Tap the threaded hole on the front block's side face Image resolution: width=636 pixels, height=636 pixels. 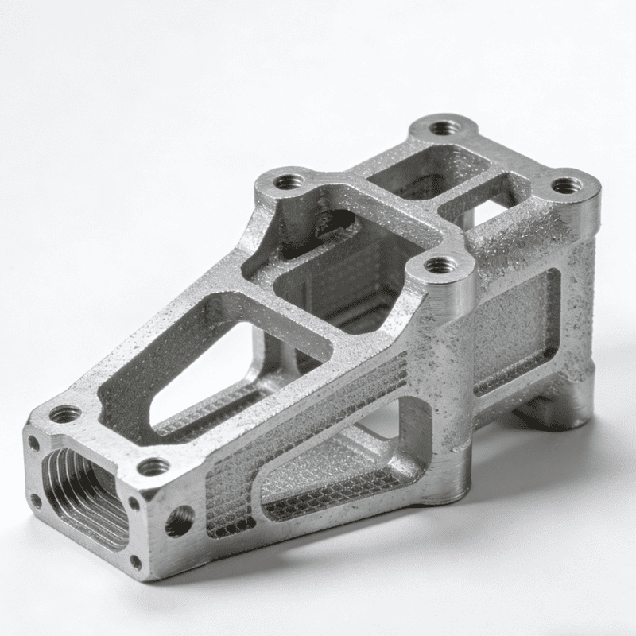[180, 521]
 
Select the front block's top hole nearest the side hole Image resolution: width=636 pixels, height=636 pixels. [153, 467]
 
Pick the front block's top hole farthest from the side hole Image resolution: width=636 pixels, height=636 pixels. [65, 414]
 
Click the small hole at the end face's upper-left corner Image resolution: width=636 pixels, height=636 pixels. [33, 442]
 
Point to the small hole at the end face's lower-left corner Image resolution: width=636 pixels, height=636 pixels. [35, 501]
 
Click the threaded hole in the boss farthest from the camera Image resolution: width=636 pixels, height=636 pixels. [443, 127]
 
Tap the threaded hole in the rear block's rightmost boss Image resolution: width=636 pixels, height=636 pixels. [566, 185]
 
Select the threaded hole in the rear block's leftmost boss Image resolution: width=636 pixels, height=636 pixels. [289, 182]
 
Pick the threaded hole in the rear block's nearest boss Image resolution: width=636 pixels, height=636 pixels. [440, 265]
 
